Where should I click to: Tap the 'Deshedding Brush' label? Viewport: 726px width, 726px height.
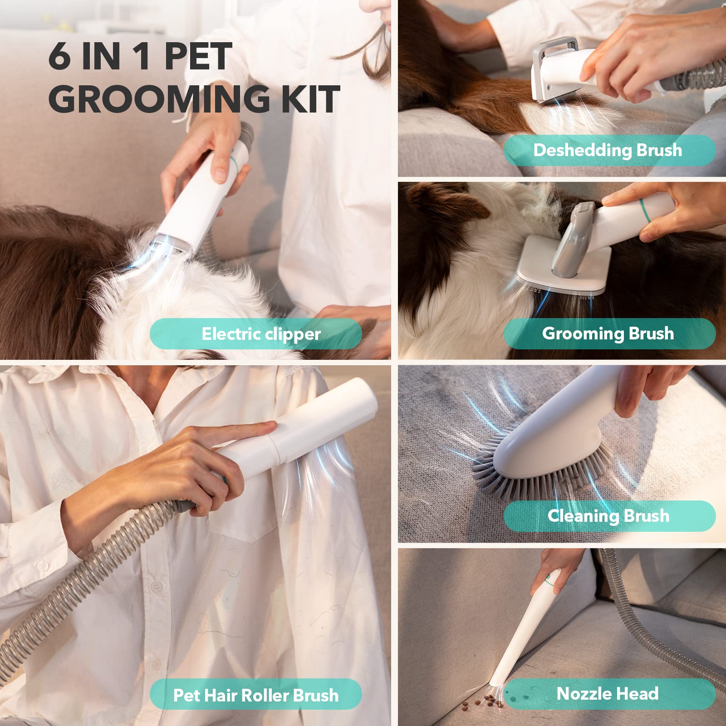[608, 150]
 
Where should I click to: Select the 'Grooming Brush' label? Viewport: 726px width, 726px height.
[608, 334]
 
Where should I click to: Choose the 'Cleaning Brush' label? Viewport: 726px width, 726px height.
[608, 516]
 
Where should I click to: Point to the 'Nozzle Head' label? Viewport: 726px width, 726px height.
[608, 694]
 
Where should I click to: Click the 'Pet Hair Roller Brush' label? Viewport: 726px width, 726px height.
[256, 695]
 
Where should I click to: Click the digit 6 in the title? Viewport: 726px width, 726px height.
[59, 57]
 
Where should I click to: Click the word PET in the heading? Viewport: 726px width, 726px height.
[198, 57]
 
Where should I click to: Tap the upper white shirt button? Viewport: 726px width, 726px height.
[43, 566]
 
